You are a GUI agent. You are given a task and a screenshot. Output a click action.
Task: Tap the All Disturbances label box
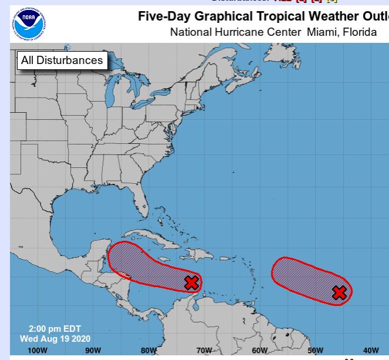(62, 60)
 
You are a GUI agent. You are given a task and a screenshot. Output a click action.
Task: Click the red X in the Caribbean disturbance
(191, 282)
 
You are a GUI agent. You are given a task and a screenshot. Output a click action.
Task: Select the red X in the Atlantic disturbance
(339, 292)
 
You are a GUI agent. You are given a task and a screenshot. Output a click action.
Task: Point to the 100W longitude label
(38, 351)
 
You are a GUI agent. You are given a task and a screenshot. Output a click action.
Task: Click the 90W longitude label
(93, 351)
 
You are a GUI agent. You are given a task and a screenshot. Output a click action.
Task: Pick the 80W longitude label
(149, 351)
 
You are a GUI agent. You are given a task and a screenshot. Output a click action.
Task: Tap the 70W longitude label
(204, 351)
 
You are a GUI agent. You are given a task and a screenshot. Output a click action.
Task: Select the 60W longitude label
(260, 351)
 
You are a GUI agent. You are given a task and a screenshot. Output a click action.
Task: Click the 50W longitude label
(316, 351)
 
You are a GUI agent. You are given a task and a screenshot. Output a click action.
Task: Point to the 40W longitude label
(371, 351)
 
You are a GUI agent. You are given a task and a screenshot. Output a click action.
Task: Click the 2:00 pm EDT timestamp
(55, 329)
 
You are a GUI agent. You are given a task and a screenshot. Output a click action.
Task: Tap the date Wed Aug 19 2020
(55, 339)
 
